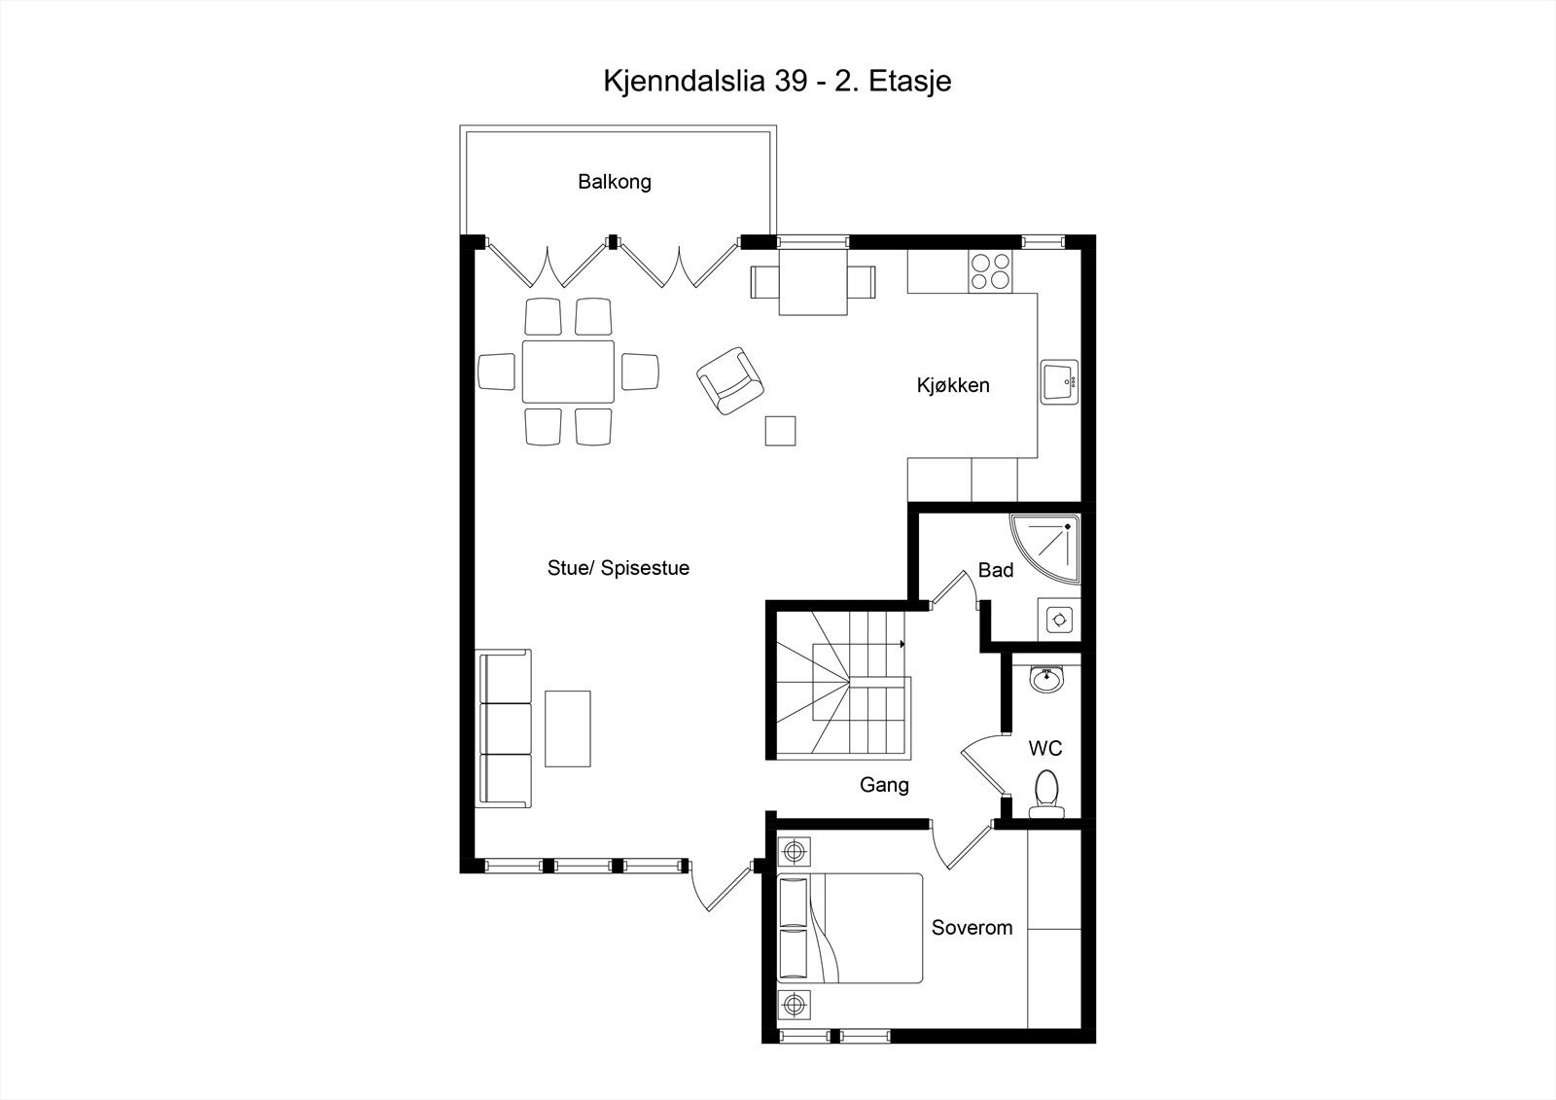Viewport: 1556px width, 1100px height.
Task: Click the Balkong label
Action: click(x=614, y=182)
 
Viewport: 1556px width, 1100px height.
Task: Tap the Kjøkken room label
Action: click(x=952, y=385)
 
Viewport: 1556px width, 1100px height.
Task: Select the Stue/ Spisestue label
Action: click(x=618, y=568)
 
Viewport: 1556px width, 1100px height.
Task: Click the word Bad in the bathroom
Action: click(x=995, y=570)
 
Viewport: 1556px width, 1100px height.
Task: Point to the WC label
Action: click(x=1045, y=749)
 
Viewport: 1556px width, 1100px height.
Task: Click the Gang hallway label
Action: click(x=884, y=784)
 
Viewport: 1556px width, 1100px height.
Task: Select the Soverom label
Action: click(x=972, y=928)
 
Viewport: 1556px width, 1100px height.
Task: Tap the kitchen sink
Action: click(x=1058, y=381)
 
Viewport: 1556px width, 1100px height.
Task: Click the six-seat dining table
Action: click(x=568, y=372)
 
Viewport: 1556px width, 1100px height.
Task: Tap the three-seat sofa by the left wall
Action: click(x=506, y=728)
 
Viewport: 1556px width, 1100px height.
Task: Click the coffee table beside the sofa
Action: click(x=568, y=728)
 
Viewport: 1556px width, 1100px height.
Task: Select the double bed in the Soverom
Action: click(x=851, y=928)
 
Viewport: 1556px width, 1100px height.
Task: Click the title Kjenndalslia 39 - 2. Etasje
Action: click(x=777, y=81)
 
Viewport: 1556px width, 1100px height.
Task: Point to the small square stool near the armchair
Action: click(x=780, y=430)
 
